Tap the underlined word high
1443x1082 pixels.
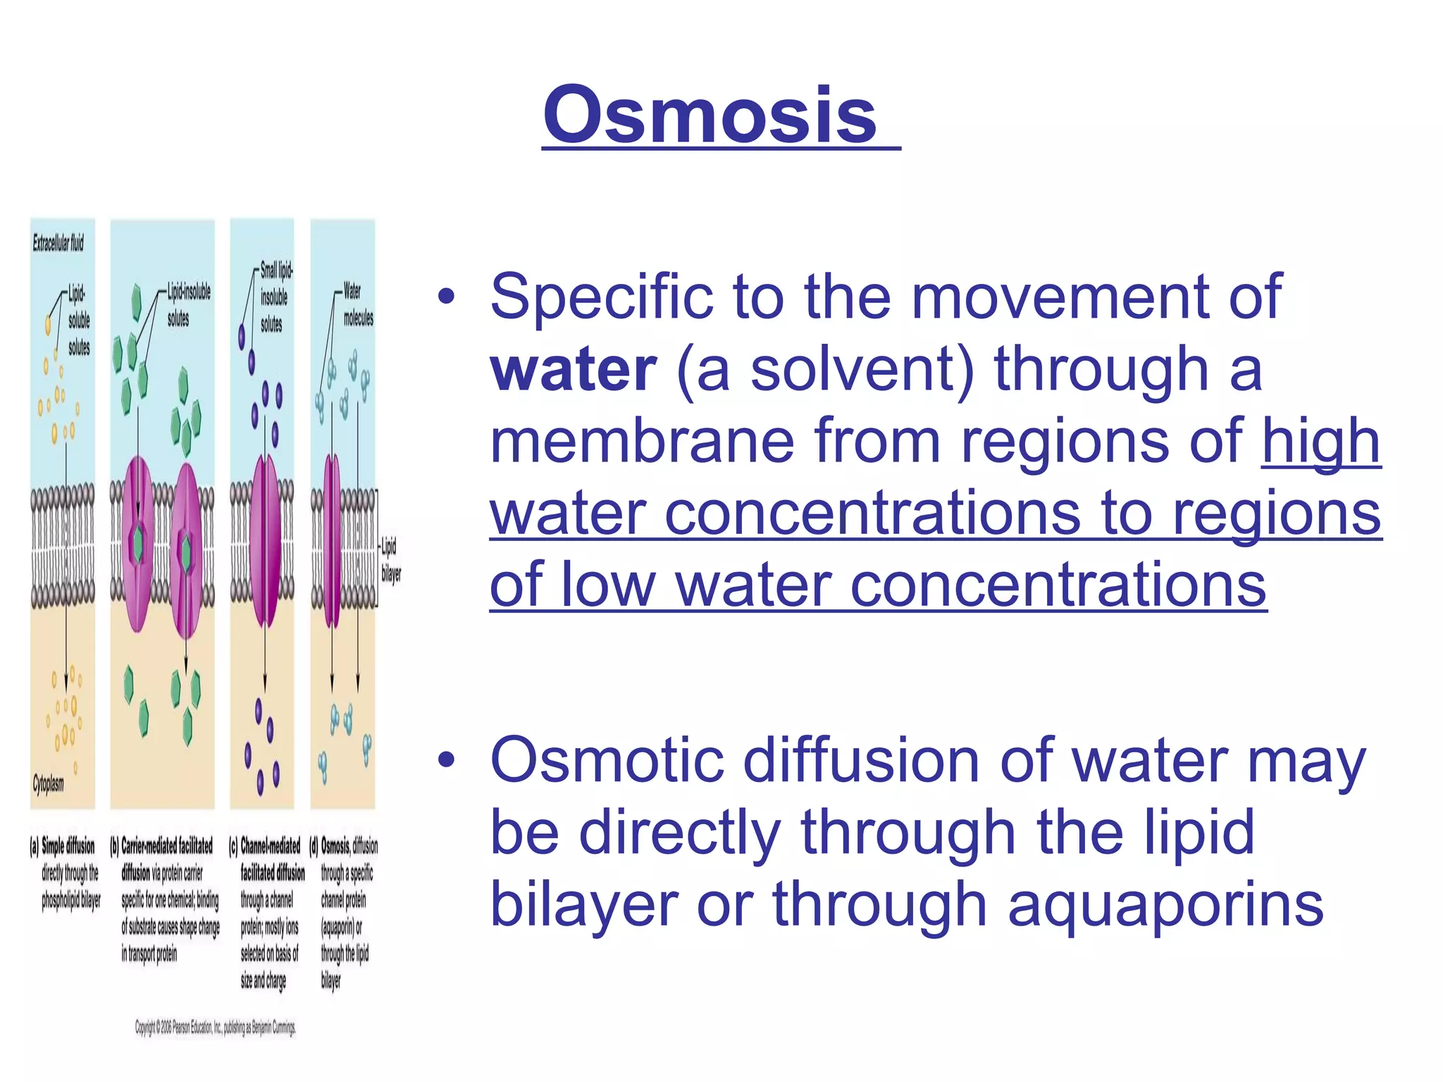pyautogui.click(x=1320, y=442)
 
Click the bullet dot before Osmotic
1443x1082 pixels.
pyautogui.click(x=446, y=761)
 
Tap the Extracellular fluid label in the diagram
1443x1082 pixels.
pyautogui.click(x=58, y=244)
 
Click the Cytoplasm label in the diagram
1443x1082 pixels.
pyautogui.click(x=48, y=784)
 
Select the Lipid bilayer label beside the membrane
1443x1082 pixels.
pyautogui.click(x=390, y=559)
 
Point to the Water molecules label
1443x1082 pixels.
pyautogui.click(x=357, y=304)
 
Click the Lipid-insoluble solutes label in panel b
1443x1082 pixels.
pyautogui.click(x=187, y=304)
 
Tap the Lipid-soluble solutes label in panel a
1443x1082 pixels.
pyautogui.click(x=78, y=320)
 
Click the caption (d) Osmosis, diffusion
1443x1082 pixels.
pyautogui.click(x=348, y=847)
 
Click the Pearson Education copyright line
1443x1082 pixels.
pyautogui.click(x=216, y=1028)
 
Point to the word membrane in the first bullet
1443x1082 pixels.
pyautogui.click(x=642, y=442)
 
